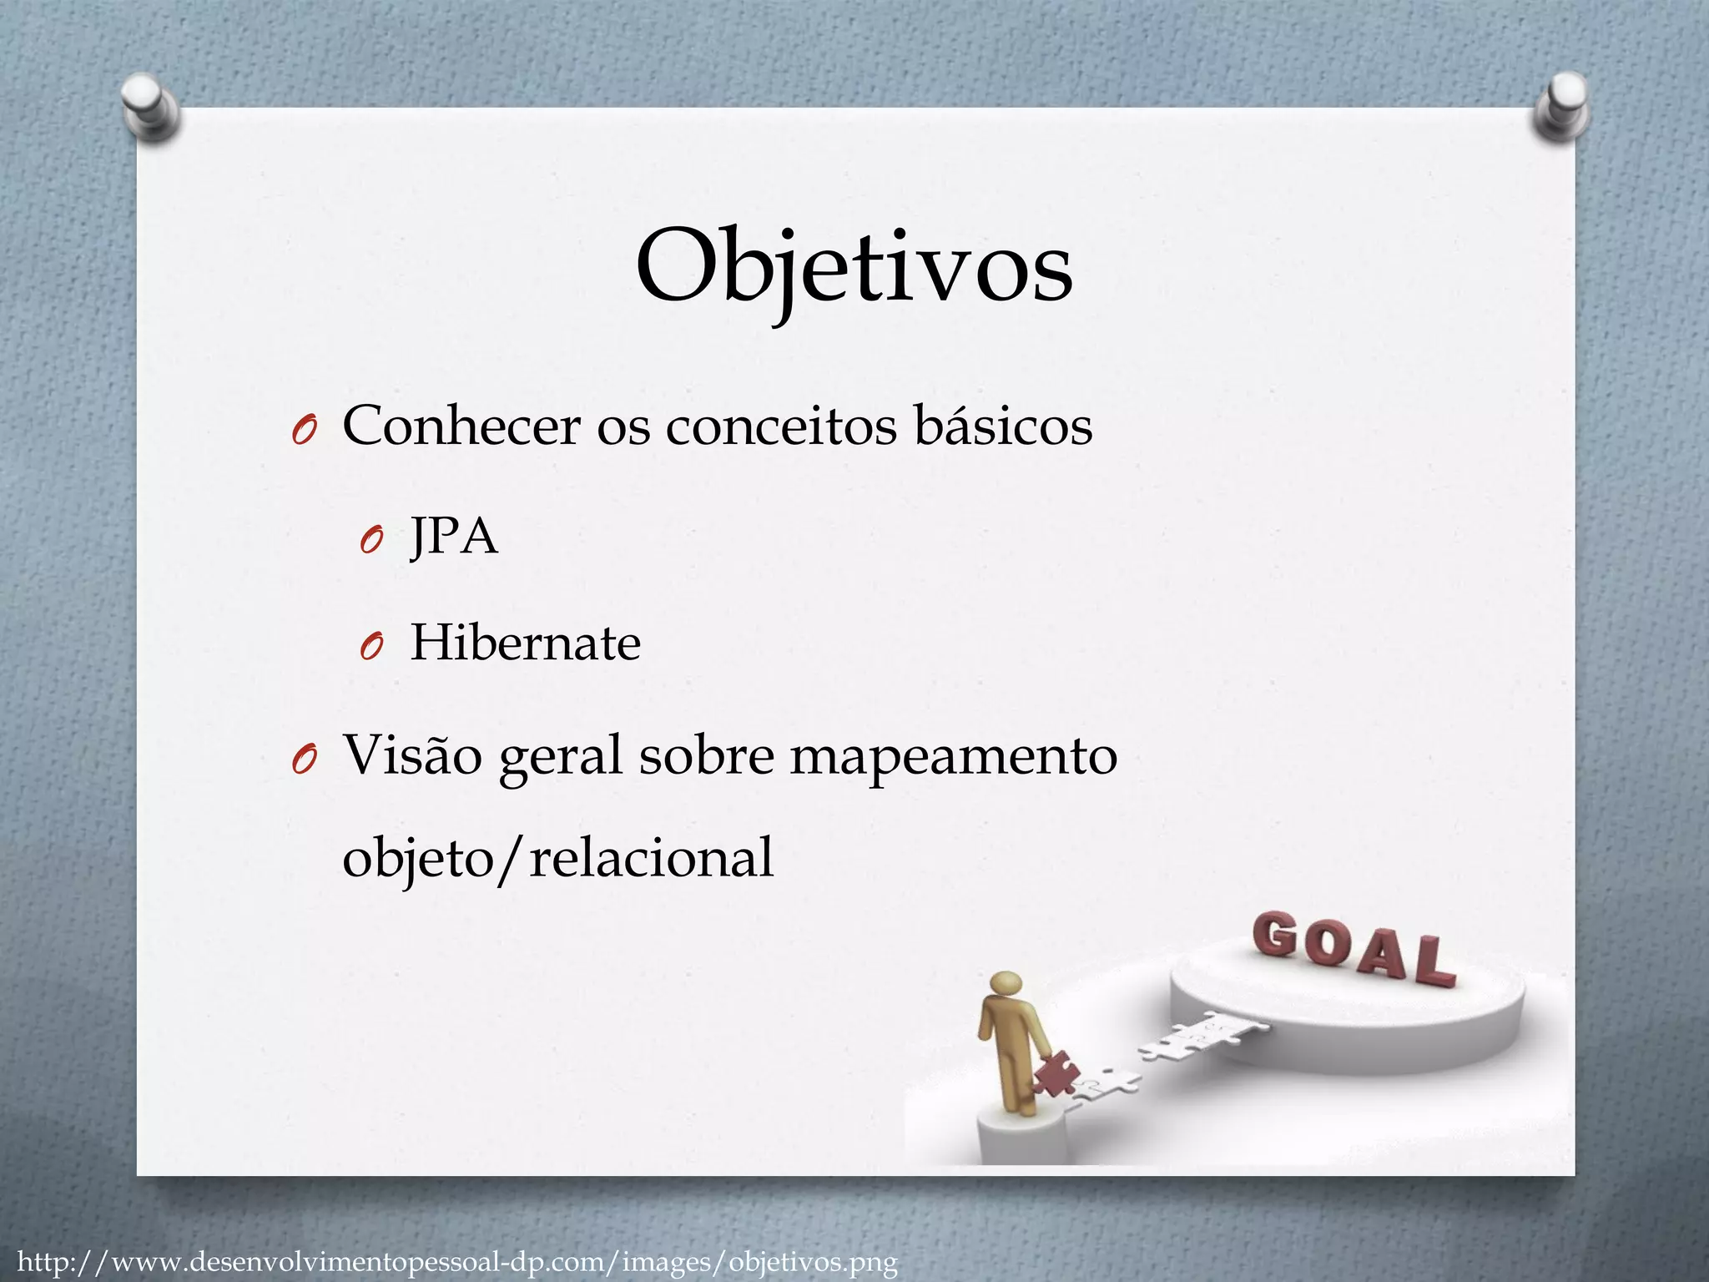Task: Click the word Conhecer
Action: [x=461, y=426]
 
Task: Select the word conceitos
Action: [x=782, y=426]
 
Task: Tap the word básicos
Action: [x=1003, y=426]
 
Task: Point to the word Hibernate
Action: [x=525, y=644]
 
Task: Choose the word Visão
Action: [x=413, y=755]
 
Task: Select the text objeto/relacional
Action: [x=557, y=858]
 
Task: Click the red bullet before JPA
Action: [x=370, y=541]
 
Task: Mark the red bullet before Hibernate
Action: [x=370, y=648]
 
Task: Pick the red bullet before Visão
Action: [x=302, y=760]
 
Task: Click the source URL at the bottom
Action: [x=458, y=1261]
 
